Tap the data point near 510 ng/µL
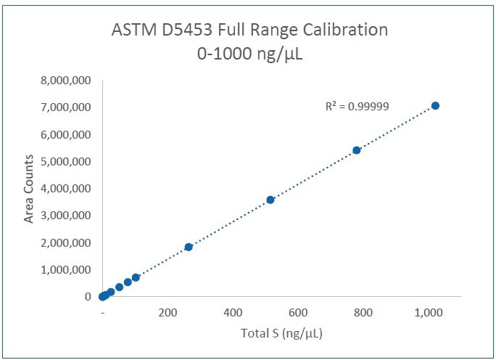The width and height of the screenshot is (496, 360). pyautogui.click(x=270, y=200)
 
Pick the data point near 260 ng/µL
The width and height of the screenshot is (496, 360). pyautogui.click(x=189, y=247)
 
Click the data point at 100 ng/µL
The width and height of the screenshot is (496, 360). pyautogui.click(x=136, y=277)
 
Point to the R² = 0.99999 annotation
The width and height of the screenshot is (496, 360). pyautogui.click(x=357, y=106)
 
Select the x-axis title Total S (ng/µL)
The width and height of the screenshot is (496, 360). pyautogui.click(x=281, y=334)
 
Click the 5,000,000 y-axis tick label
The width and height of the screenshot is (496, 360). pyautogui.click(x=66, y=162)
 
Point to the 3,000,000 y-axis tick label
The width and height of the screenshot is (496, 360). pyautogui.click(x=66, y=216)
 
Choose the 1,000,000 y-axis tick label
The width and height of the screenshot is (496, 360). pyautogui.click(x=66, y=269)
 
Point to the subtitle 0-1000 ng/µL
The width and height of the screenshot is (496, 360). pyautogui.click(x=249, y=54)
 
